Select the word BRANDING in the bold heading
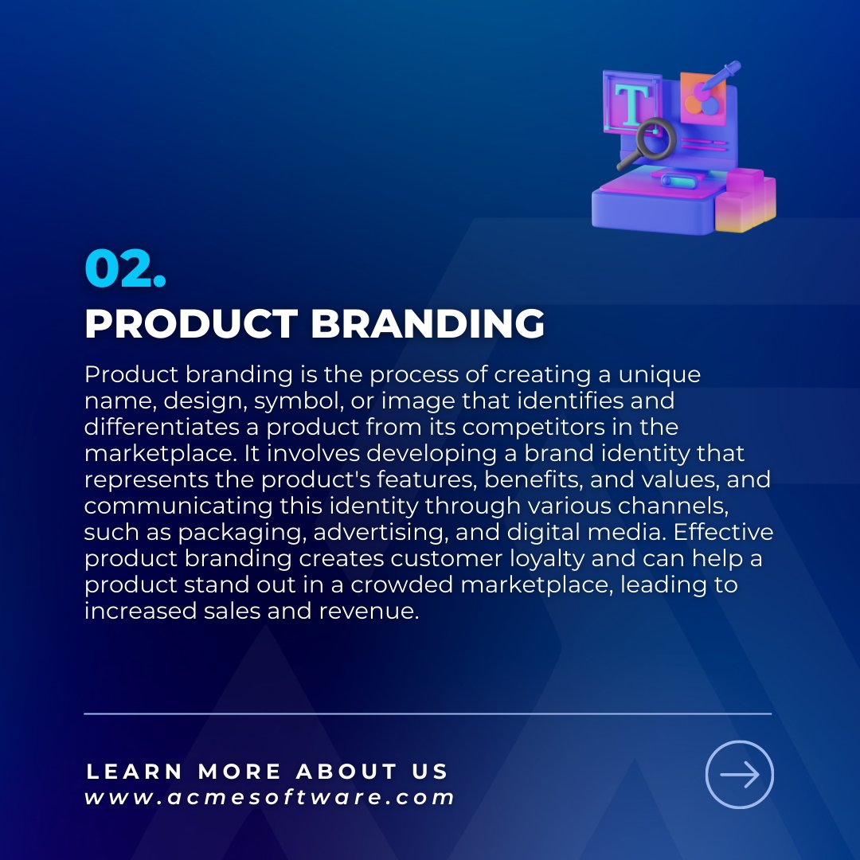[x=428, y=324]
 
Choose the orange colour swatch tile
[x=704, y=99]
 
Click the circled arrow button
[x=739, y=775]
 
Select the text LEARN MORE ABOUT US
[x=268, y=771]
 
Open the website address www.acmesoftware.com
[x=270, y=797]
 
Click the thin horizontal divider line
[x=428, y=713]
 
